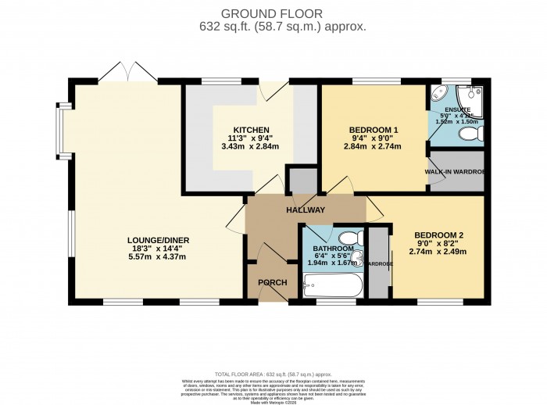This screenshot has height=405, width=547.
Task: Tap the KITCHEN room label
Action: tap(251, 129)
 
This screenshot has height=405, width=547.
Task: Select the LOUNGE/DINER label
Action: tap(159, 240)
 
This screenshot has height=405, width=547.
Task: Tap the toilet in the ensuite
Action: tap(470, 135)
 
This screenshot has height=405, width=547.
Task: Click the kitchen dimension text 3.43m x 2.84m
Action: tap(251, 147)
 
